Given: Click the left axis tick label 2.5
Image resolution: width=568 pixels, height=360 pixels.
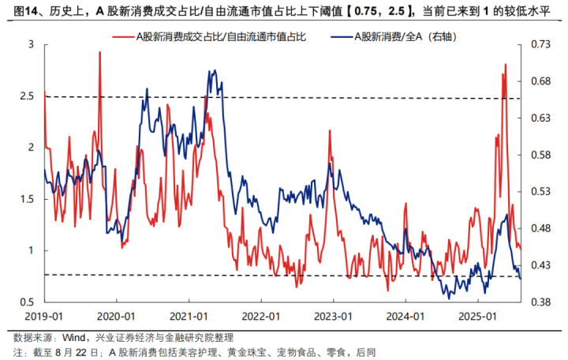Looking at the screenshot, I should click(x=28, y=96).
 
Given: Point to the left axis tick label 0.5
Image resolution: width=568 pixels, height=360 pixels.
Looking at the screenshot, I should click(x=28, y=302).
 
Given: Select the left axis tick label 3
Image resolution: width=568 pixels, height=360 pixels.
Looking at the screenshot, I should click(x=32, y=44).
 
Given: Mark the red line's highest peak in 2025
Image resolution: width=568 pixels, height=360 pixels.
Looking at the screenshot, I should click(x=505, y=65).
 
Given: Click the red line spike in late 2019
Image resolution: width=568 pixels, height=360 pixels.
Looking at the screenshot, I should click(x=100, y=52).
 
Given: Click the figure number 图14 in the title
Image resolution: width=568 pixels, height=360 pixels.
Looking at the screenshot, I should click(x=21, y=9).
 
